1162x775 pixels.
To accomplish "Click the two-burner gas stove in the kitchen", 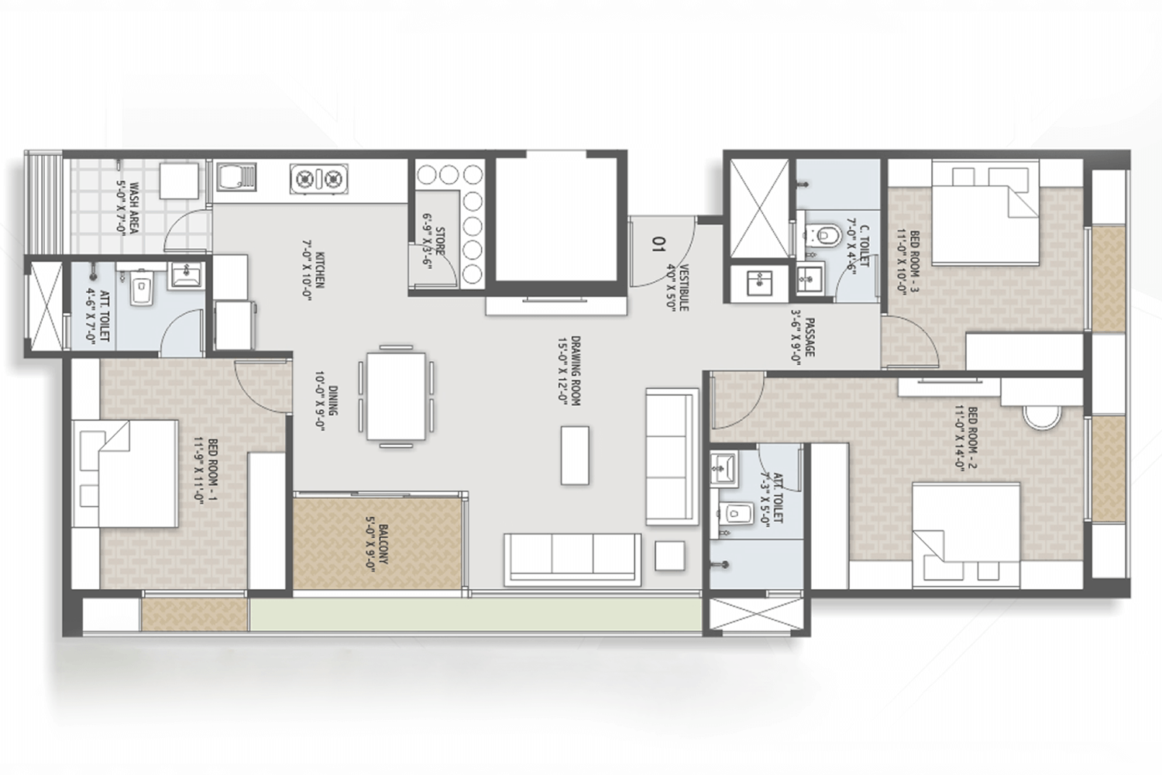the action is [318, 179].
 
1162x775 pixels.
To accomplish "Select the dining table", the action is [396, 396].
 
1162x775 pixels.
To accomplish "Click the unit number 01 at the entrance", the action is [658, 243].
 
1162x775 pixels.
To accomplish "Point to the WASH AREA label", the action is [128, 208].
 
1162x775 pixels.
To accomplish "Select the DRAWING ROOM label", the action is [569, 370].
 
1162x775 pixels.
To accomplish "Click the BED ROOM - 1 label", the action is [206, 470].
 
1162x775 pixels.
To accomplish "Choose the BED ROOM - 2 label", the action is [966, 439].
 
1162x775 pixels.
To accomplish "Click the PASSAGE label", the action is [803, 337].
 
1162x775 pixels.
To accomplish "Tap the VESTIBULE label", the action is [678, 288].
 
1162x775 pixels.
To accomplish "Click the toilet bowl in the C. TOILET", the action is [826, 235].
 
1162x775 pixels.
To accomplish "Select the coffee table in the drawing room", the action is [575, 455].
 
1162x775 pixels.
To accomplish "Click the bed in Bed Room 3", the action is [985, 213].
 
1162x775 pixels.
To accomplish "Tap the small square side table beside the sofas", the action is [669, 556].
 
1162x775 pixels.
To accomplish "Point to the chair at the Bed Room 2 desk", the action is [1042, 416].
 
